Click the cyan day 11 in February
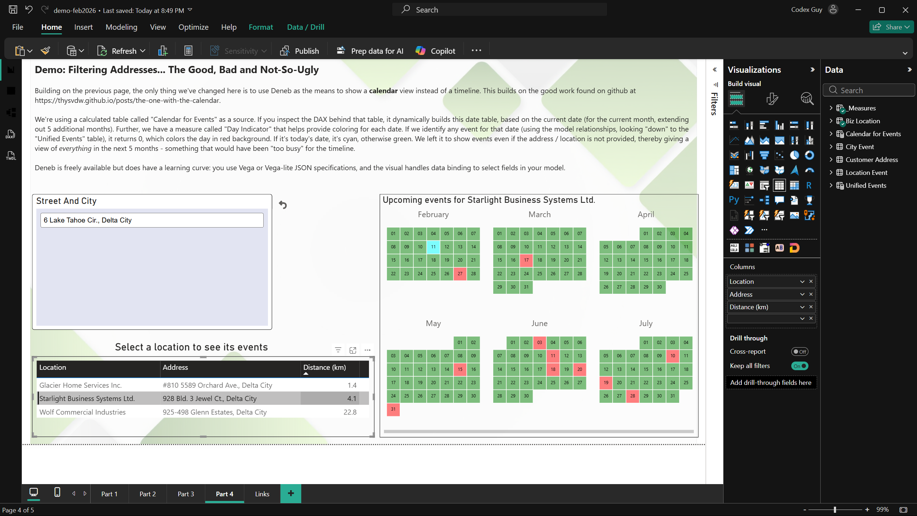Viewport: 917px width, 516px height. [x=433, y=247]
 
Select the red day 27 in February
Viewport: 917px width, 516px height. [x=460, y=274]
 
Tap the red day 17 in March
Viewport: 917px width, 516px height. [x=526, y=260]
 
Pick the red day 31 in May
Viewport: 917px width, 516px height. [x=393, y=409]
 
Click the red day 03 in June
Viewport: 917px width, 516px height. [x=539, y=343]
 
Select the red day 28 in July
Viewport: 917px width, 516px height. [x=633, y=396]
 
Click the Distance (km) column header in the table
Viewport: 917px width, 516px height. [x=325, y=368]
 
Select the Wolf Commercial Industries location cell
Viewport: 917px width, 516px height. [x=82, y=412]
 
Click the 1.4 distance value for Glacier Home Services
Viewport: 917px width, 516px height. [x=352, y=385]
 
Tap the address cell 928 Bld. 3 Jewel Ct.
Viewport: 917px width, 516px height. [x=210, y=398]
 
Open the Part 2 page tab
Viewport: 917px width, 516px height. [x=148, y=494]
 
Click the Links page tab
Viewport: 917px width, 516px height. [x=262, y=494]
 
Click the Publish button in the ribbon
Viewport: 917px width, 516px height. [x=299, y=51]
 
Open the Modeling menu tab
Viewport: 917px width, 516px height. [x=121, y=27]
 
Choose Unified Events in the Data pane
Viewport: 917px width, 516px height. [x=866, y=185]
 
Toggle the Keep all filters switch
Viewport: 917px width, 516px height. [x=800, y=366]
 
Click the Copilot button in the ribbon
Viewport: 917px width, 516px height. [x=436, y=51]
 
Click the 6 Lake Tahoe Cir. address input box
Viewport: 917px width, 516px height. [x=152, y=220]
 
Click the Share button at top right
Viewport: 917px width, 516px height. [x=891, y=27]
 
